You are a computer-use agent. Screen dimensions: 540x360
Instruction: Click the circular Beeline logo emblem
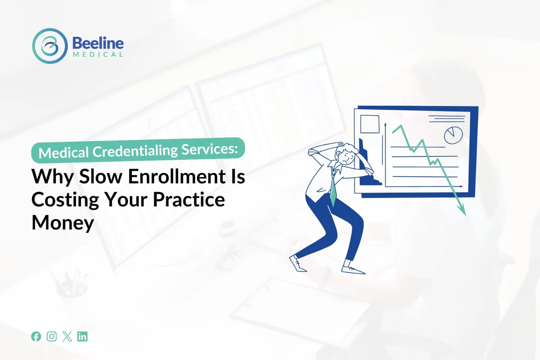point(50,46)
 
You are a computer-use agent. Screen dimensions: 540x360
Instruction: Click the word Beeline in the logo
point(98,43)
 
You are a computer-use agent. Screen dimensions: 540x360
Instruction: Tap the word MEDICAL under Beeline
point(98,54)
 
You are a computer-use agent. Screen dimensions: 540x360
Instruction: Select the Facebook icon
point(36,336)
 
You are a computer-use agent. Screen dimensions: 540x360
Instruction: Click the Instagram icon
point(52,336)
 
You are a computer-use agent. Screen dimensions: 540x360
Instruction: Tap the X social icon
point(67,336)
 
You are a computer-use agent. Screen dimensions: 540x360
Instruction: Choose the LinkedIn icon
point(82,336)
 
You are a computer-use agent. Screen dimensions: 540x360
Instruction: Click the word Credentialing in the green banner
point(135,151)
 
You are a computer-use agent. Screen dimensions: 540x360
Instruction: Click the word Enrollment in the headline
point(177,177)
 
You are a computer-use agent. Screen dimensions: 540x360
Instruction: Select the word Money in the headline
point(63,223)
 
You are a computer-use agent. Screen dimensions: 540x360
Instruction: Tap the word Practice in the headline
point(189,200)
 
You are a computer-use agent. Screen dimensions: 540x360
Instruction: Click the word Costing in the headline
point(65,201)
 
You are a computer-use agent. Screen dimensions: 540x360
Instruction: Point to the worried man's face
point(346,157)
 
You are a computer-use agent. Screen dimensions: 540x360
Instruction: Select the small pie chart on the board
point(453,135)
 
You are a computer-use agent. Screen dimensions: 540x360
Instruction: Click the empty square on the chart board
point(370,124)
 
